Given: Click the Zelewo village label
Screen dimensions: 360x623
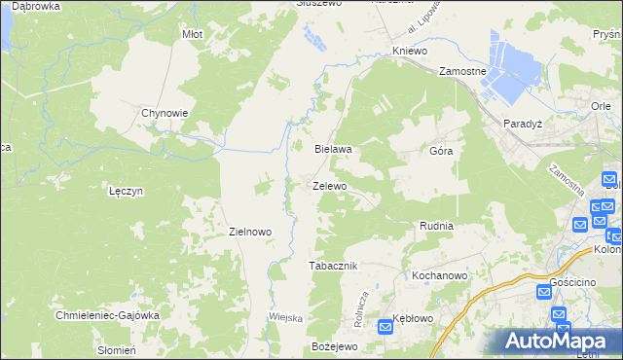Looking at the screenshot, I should click(x=330, y=185).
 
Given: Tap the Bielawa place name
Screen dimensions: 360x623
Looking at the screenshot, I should click(x=332, y=150).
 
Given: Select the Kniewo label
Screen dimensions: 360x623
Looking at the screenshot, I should click(x=410, y=50).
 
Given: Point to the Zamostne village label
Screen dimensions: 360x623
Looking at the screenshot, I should click(x=462, y=72).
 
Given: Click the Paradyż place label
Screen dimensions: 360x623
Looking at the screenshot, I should click(x=522, y=124).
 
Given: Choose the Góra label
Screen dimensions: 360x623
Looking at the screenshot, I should click(x=441, y=152).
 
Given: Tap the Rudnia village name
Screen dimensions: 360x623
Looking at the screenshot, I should click(x=436, y=226).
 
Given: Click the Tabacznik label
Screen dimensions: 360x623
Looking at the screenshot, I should click(x=334, y=266).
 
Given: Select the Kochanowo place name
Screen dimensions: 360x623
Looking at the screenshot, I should click(x=440, y=275).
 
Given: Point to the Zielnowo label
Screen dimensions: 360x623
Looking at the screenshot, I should click(x=249, y=232).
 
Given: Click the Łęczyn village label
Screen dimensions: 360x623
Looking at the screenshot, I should click(x=127, y=191).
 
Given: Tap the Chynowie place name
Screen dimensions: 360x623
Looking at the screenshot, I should click(x=165, y=112).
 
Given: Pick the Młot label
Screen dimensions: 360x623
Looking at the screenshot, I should click(x=192, y=34).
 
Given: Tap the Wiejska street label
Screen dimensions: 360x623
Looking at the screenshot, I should click(x=286, y=318).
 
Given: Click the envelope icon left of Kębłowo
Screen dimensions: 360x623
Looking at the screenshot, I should click(x=385, y=327).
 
